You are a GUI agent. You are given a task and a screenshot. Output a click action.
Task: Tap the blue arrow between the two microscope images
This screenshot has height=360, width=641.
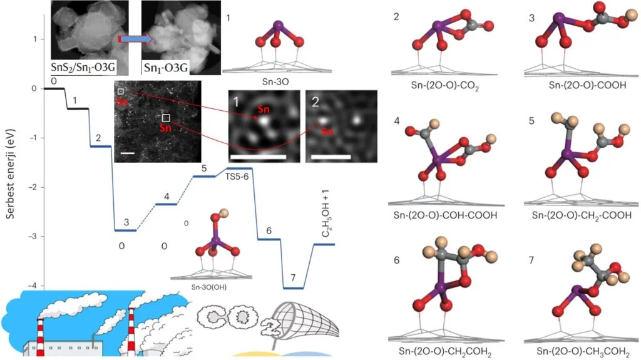coord(136,39)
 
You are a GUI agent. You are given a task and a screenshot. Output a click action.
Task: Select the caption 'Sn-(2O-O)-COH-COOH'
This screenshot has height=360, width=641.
coord(447,215)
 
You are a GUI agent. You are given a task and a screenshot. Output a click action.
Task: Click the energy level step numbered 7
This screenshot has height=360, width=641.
coord(293,288)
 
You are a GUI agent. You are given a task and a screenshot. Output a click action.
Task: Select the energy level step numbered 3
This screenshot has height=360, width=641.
coord(125,230)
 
